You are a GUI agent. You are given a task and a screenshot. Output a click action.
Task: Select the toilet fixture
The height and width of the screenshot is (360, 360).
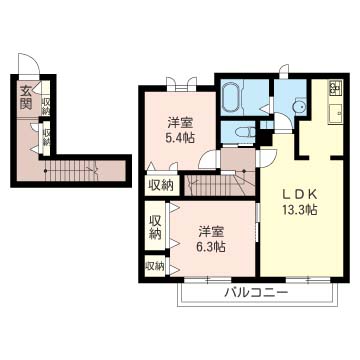point(242,134)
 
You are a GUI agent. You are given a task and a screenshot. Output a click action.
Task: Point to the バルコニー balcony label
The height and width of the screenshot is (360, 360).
point(255,293)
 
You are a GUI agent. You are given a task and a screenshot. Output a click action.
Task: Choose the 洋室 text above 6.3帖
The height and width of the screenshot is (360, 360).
point(208,228)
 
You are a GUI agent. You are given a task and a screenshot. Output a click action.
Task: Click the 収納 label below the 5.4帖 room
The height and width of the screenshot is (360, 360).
point(160,184)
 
